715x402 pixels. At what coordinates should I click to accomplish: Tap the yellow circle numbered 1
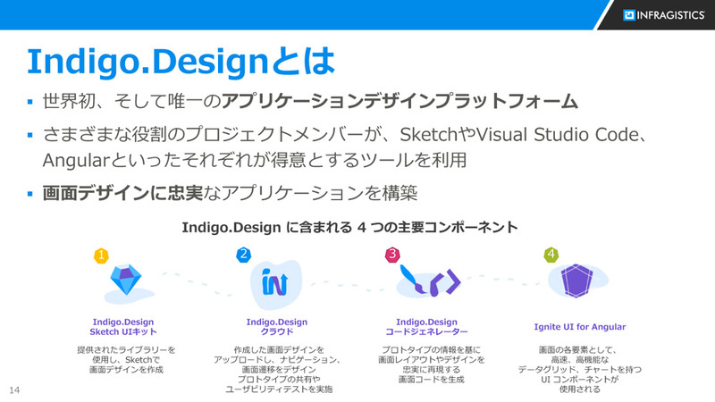coord(102,255)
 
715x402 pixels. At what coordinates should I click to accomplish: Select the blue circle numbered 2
coord(243,255)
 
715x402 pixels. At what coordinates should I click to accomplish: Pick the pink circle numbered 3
coord(392,255)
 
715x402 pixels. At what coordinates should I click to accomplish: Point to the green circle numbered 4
coord(551,255)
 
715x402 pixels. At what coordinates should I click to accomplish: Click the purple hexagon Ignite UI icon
coord(577,281)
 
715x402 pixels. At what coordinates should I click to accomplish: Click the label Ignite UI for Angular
coord(579,326)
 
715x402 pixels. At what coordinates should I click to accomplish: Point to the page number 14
coord(14,390)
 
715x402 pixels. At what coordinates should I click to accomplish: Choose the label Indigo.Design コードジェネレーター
coord(426,326)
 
